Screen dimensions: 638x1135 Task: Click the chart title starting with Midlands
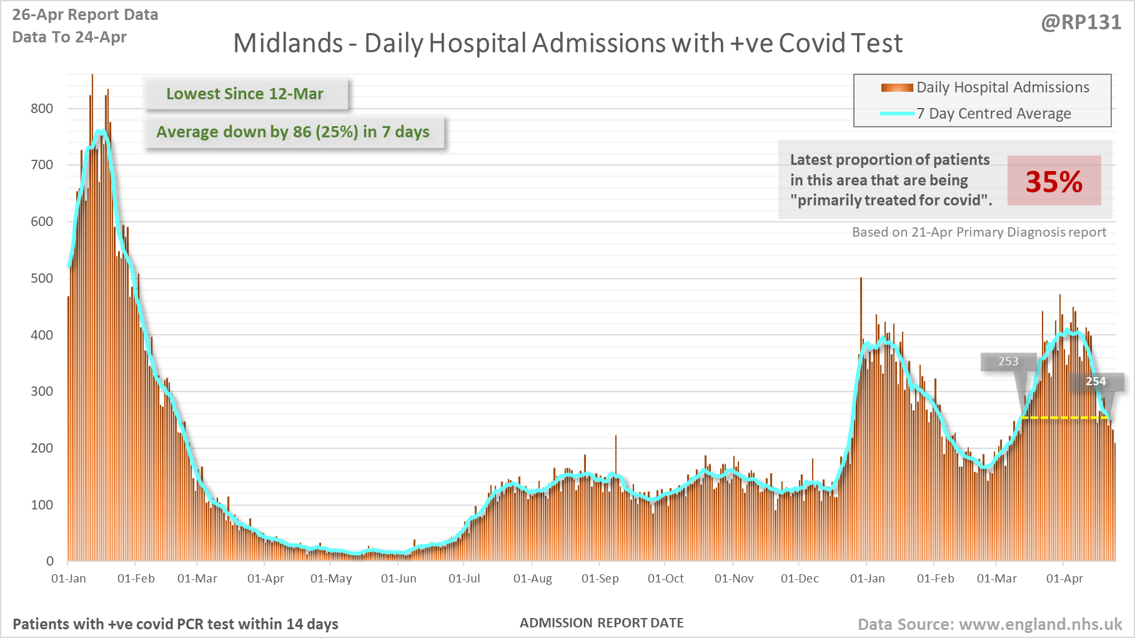click(x=567, y=44)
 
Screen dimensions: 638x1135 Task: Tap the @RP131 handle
click(x=1081, y=22)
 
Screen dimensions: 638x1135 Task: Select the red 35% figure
click(x=1054, y=181)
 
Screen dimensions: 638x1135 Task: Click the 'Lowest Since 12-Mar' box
click(x=245, y=94)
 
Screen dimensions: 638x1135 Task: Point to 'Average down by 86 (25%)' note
click(x=293, y=132)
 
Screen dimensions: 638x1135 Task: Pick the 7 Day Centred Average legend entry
click(x=993, y=114)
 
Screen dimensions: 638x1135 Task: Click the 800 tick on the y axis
click(x=42, y=109)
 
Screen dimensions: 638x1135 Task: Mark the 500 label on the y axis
click(x=42, y=278)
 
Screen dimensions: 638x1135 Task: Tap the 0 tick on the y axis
click(x=50, y=561)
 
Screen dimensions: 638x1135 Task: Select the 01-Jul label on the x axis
click(x=464, y=579)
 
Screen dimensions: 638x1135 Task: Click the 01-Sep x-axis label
click(x=600, y=579)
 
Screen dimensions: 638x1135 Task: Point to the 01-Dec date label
click(x=800, y=579)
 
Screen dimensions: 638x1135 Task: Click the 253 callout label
click(x=1008, y=361)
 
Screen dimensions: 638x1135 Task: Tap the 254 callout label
click(x=1096, y=381)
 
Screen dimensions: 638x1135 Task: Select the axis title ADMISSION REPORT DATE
click(x=602, y=623)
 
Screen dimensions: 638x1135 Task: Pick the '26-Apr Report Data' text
click(x=85, y=15)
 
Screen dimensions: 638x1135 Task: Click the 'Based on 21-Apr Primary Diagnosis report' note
click(x=979, y=232)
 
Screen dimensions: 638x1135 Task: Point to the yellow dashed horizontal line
click(x=1062, y=418)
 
